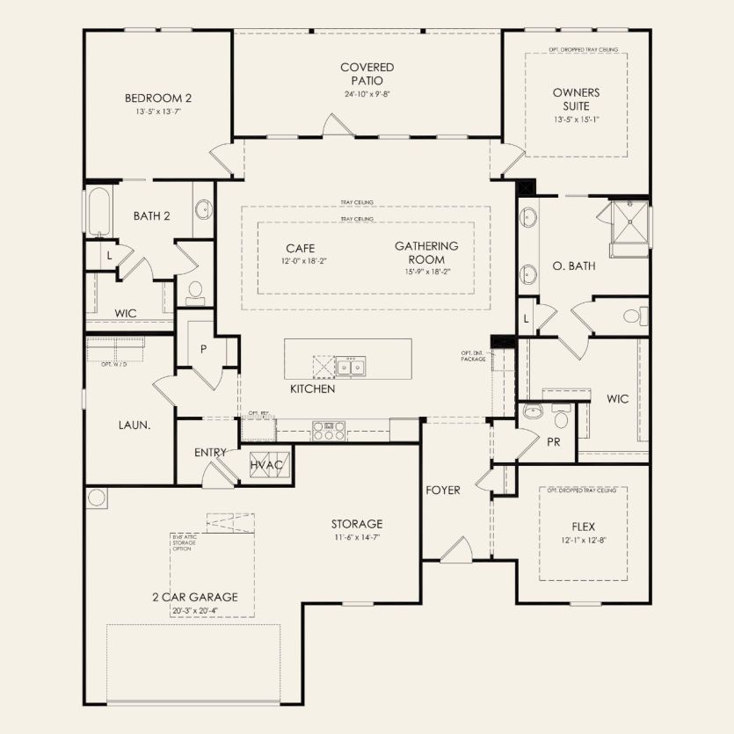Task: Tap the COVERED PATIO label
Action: pyautogui.click(x=367, y=74)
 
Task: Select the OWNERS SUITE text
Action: pyautogui.click(x=576, y=98)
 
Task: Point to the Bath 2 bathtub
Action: pyautogui.click(x=98, y=212)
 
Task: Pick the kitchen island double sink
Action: pyautogui.click(x=352, y=365)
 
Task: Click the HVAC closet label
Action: pyautogui.click(x=265, y=464)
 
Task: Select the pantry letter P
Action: pyautogui.click(x=203, y=349)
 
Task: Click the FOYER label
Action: pyautogui.click(x=443, y=490)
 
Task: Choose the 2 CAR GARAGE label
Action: pyautogui.click(x=193, y=596)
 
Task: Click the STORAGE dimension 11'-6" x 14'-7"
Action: pyautogui.click(x=357, y=537)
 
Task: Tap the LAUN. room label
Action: pyautogui.click(x=135, y=425)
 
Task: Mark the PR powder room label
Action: pyautogui.click(x=553, y=442)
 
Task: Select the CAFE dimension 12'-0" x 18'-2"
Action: pyautogui.click(x=300, y=261)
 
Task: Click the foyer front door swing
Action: pyautogui.click(x=457, y=551)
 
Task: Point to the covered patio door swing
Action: pyautogui.click(x=333, y=124)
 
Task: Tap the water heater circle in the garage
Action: pyautogui.click(x=97, y=498)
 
